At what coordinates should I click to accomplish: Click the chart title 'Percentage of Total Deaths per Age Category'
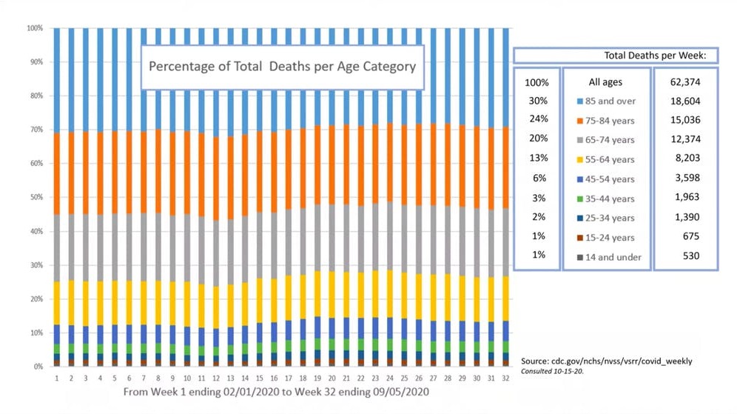[x=282, y=66]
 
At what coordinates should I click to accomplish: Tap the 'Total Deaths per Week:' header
[x=655, y=56]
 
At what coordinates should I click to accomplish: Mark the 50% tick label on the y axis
[x=35, y=198]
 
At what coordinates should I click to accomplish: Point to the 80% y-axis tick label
[x=35, y=96]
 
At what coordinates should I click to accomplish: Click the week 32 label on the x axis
[x=505, y=378]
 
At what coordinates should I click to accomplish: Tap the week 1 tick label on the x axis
[x=56, y=378]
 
